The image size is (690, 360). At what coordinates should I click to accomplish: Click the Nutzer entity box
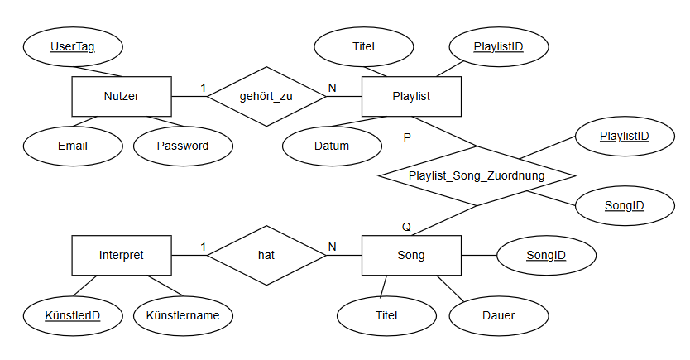point(122,97)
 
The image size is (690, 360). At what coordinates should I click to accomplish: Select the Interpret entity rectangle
point(122,255)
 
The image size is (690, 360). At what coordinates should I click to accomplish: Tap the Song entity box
point(411,255)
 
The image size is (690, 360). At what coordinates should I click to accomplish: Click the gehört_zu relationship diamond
point(266,97)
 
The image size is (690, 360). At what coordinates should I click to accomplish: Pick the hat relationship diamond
point(266,255)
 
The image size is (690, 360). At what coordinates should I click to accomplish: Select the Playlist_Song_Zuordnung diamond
point(477,175)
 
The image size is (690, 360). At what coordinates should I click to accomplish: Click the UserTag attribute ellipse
point(72,47)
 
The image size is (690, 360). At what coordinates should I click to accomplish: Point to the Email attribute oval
point(73,146)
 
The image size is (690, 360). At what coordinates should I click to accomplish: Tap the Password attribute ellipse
point(183,146)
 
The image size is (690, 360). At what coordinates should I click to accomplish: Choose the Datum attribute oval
point(332,146)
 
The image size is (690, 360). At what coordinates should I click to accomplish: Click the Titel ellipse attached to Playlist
point(363,47)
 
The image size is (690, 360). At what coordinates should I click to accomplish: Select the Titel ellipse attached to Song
point(386,315)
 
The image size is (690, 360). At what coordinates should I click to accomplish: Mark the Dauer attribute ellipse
point(499,315)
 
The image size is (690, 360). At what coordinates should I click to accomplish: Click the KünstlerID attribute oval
point(73,315)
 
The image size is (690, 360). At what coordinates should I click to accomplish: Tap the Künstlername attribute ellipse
point(183,315)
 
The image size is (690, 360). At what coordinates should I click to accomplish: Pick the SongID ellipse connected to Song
point(546,255)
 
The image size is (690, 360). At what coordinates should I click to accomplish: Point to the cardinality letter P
point(406,137)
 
